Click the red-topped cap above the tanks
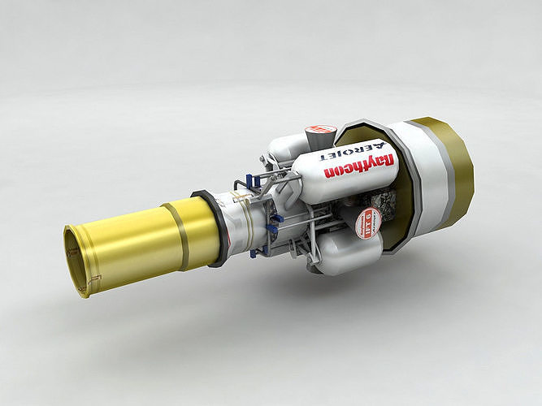tap(320, 132)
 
